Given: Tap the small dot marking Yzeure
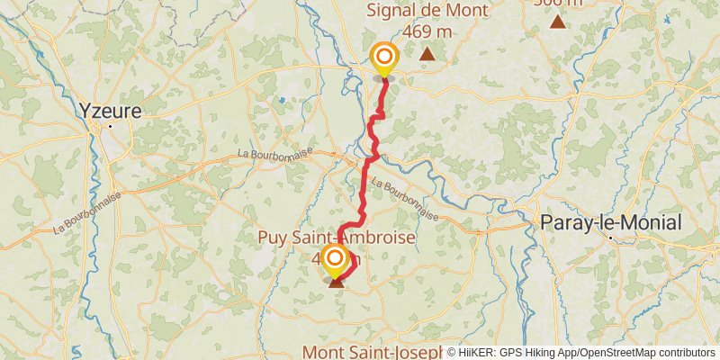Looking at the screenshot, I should click(111, 126).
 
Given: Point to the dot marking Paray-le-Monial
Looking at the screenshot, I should click(611, 238).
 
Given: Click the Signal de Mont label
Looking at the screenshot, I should click(427, 11).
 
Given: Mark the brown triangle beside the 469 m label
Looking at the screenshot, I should click(427, 54).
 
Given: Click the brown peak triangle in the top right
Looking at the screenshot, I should click(558, 22).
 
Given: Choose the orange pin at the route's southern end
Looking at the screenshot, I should click(334, 261).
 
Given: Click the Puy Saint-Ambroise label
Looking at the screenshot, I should click(337, 238).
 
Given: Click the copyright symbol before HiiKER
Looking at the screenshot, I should click(452, 353).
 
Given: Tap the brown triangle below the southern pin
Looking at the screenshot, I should click(337, 283).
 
